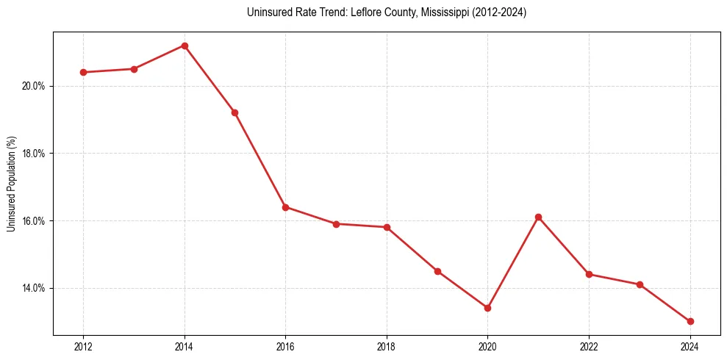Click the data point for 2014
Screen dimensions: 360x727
pyautogui.click(x=185, y=46)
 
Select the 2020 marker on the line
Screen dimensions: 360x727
pyautogui.click(x=487, y=308)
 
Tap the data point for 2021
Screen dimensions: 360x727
pyautogui.click(x=538, y=217)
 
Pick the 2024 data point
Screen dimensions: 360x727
pyautogui.click(x=690, y=321)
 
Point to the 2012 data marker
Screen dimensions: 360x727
pyautogui.click(x=83, y=72)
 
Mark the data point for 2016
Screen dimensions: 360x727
pyautogui.click(x=285, y=207)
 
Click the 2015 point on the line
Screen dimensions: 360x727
pyautogui.click(x=234, y=112)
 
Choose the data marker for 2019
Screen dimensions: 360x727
pyautogui.click(x=437, y=271)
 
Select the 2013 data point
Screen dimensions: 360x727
pyautogui.click(x=134, y=69)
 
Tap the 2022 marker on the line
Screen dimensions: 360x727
pyautogui.click(x=589, y=274)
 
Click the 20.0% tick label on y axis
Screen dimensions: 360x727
pyautogui.click(x=34, y=86)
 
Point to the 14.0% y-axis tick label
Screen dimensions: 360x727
pyautogui.click(x=34, y=288)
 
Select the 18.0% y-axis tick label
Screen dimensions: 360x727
pyautogui.click(x=34, y=154)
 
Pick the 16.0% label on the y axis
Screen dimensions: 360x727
pyautogui.click(x=34, y=221)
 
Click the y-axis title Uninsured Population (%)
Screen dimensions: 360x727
pyautogui.click(x=11, y=184)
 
